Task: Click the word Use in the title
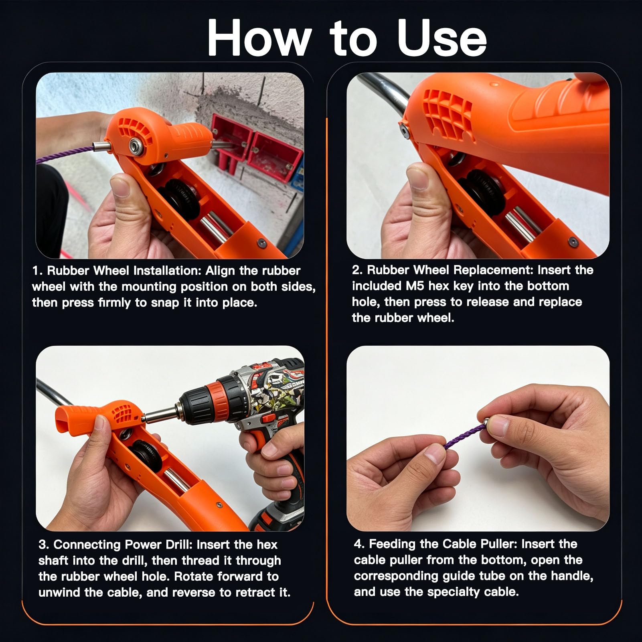(442, 38)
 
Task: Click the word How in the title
(259, 38)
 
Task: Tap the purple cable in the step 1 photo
(64, 154)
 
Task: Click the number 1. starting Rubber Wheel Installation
(38, 271)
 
